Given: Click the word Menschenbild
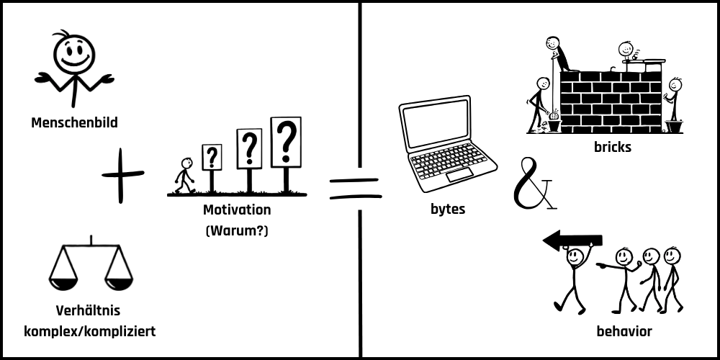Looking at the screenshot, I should tap(74, 123).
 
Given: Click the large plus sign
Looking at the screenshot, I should tap(122, 174).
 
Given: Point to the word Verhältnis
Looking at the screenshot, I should tap(88, 312).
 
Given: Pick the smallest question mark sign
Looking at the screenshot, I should tap(212, 157).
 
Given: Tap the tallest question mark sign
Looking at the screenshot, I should tap(286, 141).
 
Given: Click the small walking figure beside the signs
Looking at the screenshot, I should tap(185, 176).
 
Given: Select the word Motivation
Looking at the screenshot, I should tap(237, 210).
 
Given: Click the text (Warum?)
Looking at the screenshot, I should tap(237, 231).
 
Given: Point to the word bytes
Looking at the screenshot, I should tap(447, 210).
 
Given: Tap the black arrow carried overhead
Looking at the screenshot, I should tap(572, 240).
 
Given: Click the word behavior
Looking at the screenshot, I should tap(624, 332).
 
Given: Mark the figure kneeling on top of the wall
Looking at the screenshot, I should tap(557, 55).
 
